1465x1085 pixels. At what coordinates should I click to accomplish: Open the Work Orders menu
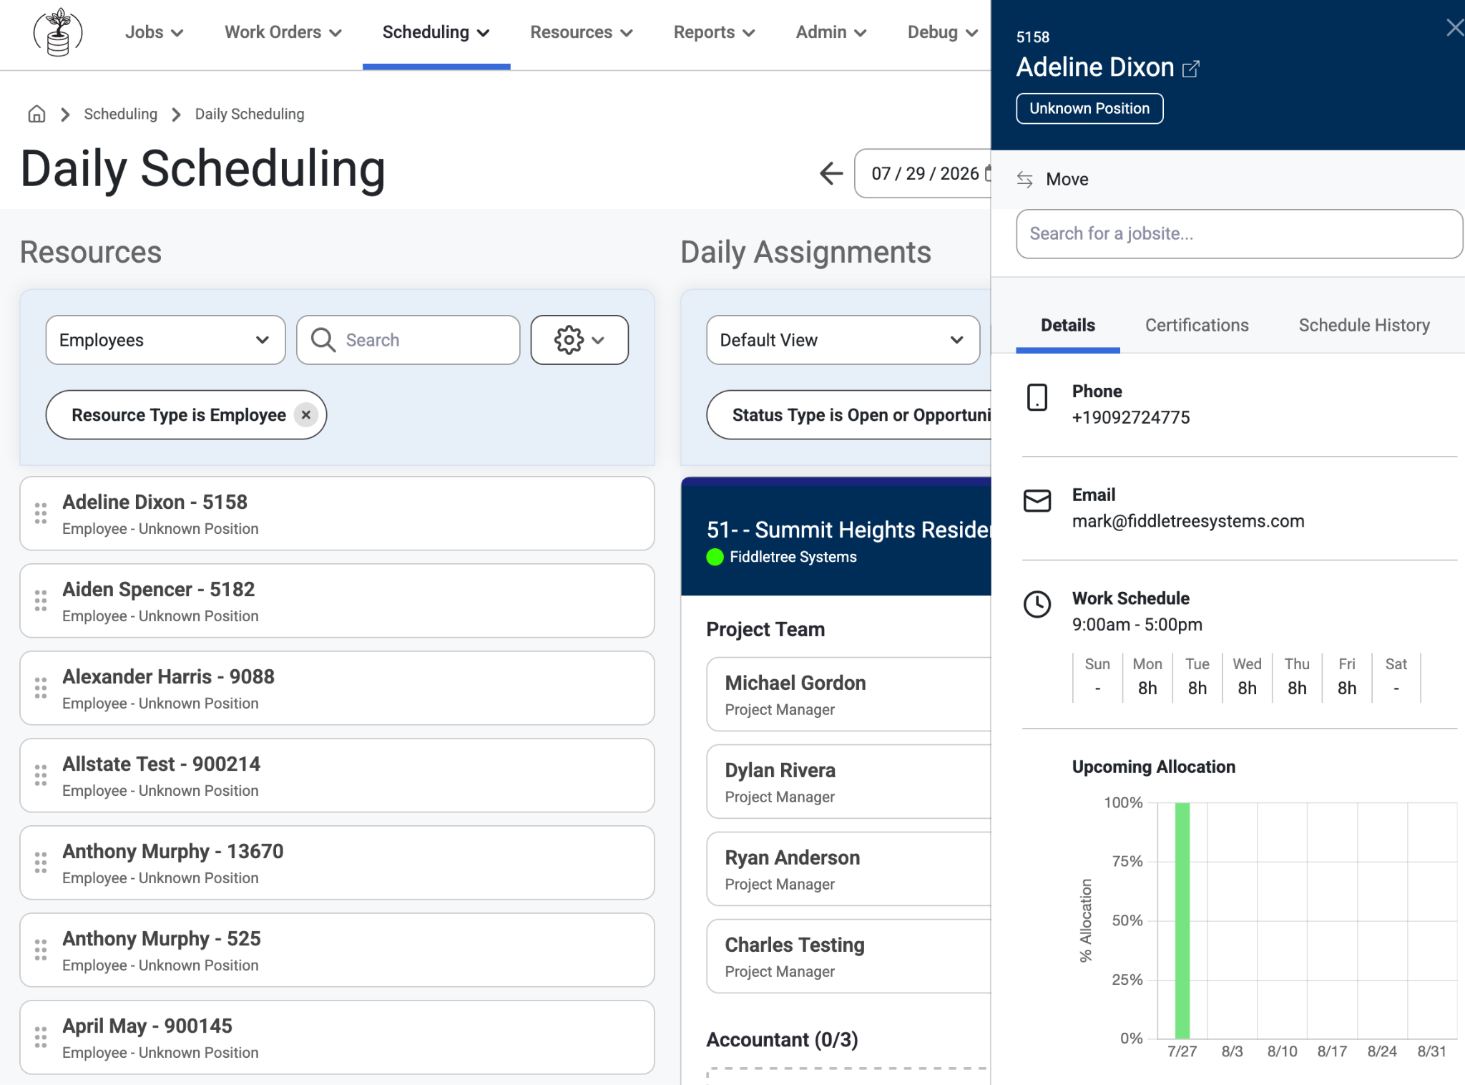pos(283,32)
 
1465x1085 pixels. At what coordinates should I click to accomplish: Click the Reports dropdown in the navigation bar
pos(714,32)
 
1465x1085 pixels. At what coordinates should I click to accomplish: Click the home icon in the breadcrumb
pos(36,114)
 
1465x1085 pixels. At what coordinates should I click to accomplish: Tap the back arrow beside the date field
pos(831,173)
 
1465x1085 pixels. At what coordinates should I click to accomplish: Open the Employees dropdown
pos(165,340)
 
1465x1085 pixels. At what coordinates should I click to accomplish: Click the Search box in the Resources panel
pos(408,340)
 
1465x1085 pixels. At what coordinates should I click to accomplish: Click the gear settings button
pos(579,340)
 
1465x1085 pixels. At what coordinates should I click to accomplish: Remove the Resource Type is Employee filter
pos(306,414)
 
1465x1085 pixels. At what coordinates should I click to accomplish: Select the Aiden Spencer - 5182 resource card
pos(337,600)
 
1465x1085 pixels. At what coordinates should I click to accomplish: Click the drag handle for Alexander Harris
pos(41,688)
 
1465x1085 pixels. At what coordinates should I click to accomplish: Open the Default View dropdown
pos(843,340)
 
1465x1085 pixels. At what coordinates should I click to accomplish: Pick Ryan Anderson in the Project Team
pos(848,869)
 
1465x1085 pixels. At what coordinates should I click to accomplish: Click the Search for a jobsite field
pos(1239,233)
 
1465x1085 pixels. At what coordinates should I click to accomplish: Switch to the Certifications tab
pos(1197,325)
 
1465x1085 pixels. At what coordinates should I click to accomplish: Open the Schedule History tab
pos(1364,325)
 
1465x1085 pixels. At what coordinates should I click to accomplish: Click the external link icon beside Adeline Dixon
pos(1191,69)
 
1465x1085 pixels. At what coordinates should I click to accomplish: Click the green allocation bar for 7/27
pos(1182,920)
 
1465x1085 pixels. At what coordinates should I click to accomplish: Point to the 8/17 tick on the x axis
pos(1332,1051)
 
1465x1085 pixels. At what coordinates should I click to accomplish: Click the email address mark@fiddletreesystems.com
pos(1188,521)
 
